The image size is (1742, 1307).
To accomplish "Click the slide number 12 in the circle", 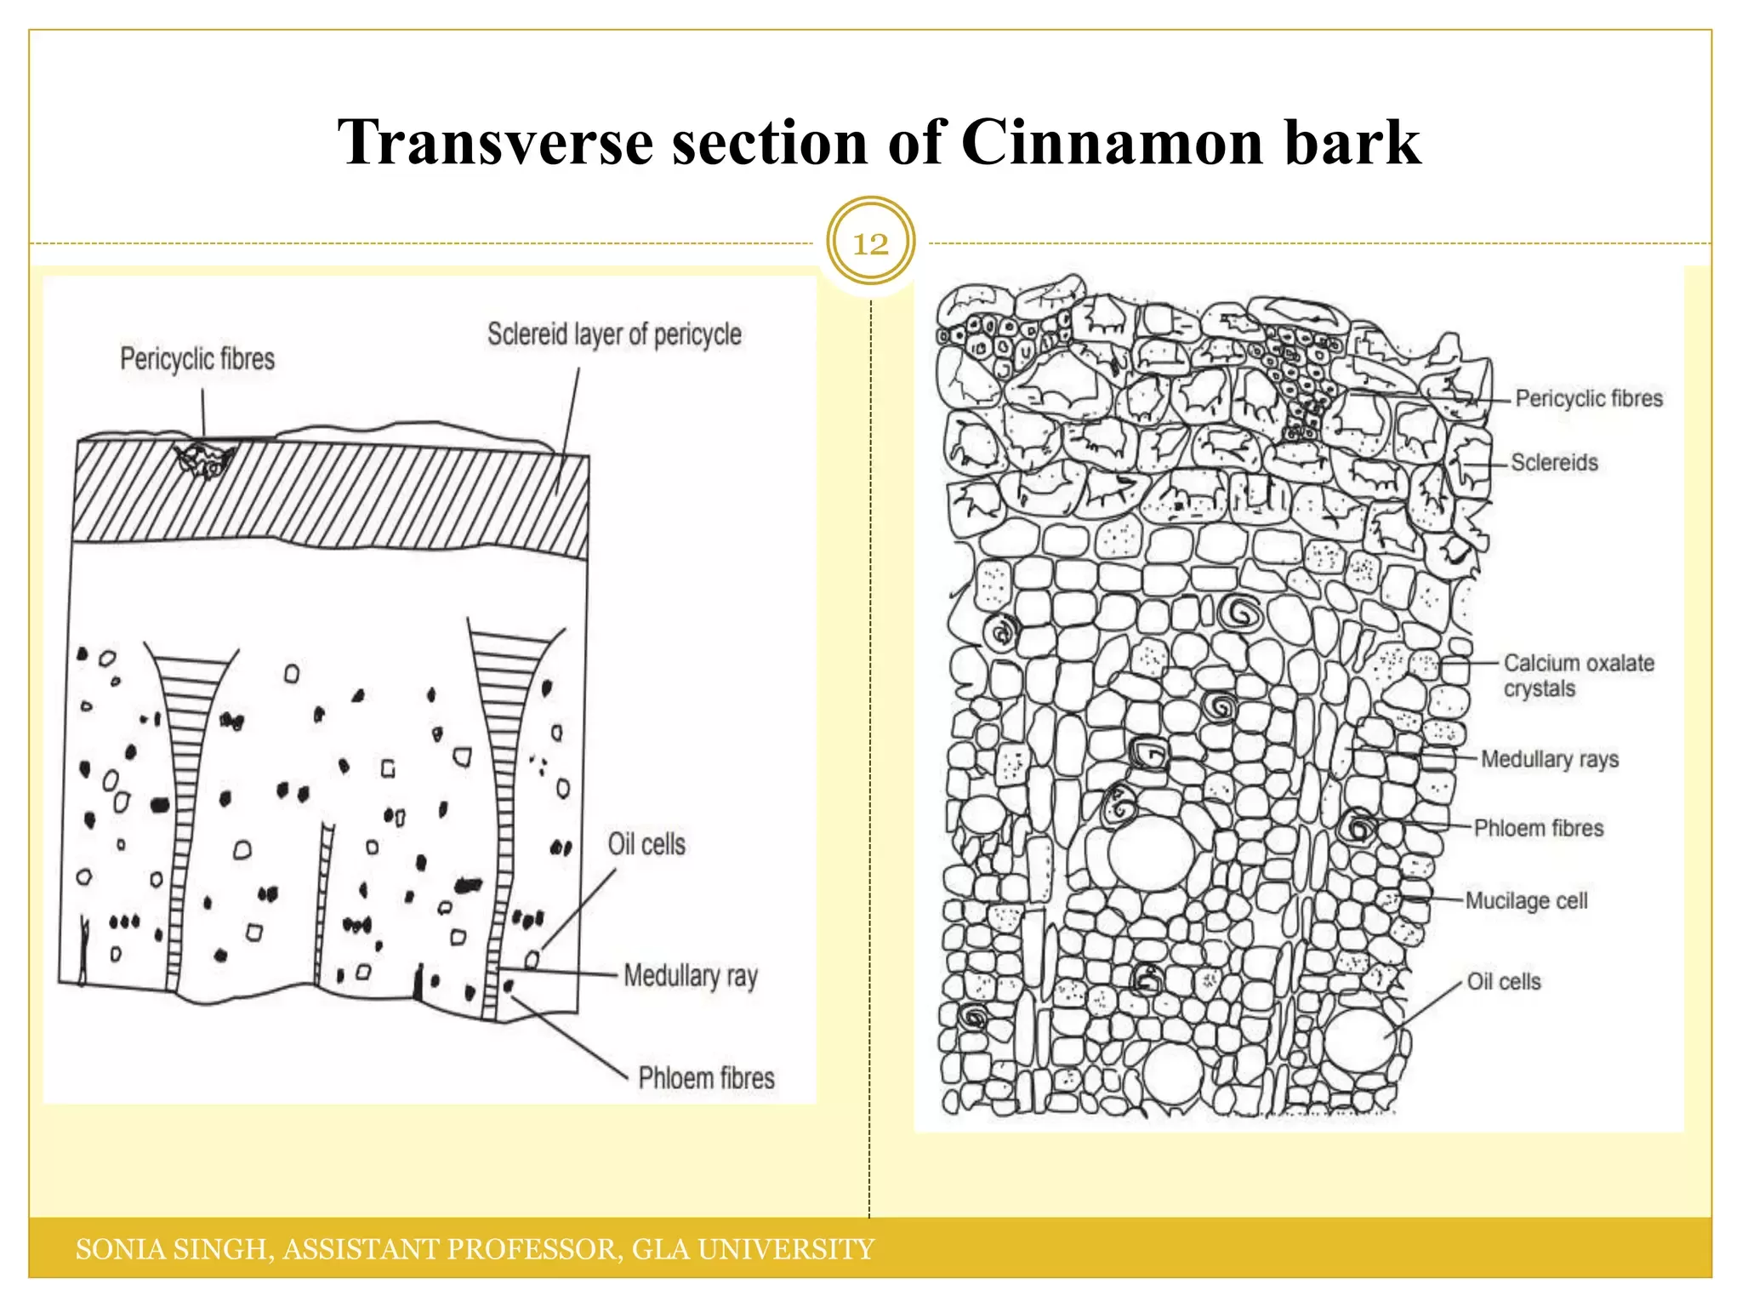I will pyautogui.click(x=870, y=244).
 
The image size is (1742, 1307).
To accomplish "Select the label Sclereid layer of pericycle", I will pyautogui.click(x=614, y=334).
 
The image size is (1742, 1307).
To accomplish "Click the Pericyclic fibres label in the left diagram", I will pyautogui.click(x=197, y=359).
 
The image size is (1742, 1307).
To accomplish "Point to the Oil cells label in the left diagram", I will pyautogui.click(x=646, y=844).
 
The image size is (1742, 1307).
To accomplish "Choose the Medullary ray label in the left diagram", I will pyautogui.click(x=690, y=976).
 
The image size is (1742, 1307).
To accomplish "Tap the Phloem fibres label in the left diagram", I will pyautogui.click(x=706, y=1078).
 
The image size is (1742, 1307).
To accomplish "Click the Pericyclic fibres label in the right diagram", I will pyautogui.click(x=1588, y=398).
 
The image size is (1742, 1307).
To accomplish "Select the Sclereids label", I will pyautogui.click(x=1554, y=463).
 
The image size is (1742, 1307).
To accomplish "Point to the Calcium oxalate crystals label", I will pyautogui.click(x=1578, y=675).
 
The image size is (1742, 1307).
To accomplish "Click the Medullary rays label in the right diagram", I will pyautogui.click(x=1549, y=759).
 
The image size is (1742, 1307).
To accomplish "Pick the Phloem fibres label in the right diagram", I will pyautogui.click(x=1538, y=828).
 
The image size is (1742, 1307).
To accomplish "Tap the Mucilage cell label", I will pyautogui.click(x=1526, y=900).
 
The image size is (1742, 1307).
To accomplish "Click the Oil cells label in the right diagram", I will pyautogui.click(x=1503, y=982).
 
